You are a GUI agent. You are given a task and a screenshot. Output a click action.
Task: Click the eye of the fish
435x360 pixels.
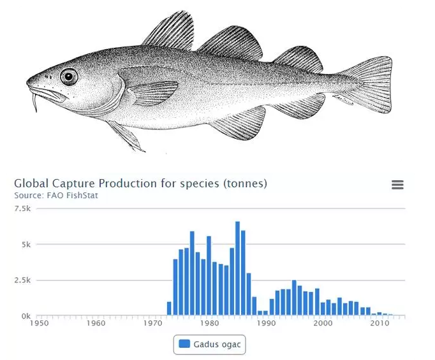[69, 77]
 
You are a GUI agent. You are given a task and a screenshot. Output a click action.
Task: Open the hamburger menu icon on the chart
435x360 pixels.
[397, 185]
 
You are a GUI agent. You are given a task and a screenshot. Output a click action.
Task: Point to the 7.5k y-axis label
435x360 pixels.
[22, 208]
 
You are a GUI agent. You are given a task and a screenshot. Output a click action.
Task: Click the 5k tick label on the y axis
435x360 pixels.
[26, 244]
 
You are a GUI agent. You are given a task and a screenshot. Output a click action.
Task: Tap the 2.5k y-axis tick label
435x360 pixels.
[22, 280]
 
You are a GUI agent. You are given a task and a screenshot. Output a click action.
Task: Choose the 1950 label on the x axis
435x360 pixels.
[40, 323]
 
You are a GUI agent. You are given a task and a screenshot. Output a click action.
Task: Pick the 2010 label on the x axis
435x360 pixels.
[380, 323]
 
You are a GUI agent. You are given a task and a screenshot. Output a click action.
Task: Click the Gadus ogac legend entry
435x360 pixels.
[209, 344]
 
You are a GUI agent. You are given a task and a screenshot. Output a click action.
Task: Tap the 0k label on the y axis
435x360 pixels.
[26, 316]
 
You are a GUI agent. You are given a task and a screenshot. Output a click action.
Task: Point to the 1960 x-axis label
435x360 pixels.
[96, 323]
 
